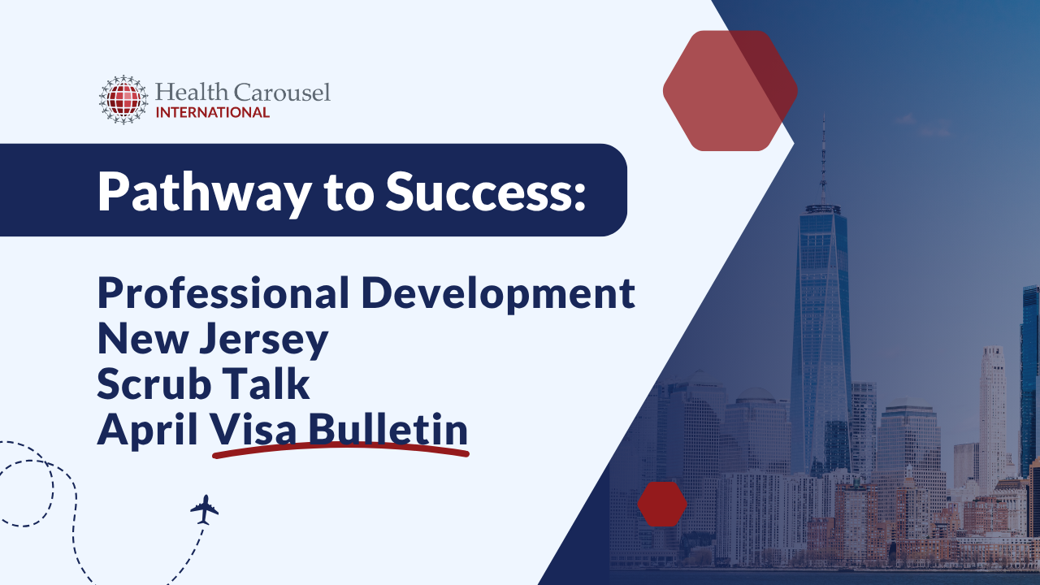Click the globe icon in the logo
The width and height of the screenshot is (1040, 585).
pyautogui.click(x=123, y=99)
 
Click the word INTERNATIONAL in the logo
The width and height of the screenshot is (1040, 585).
pyautogui.click(x=212, y=112)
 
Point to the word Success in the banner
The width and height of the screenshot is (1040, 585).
pyautogui.click(x=474, y=192)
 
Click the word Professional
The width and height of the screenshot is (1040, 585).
pyautogui.click(x=222, y=292)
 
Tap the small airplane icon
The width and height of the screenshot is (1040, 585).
pyautogui.click(x=205, y=509)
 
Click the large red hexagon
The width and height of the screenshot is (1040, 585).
pyautogui.click(x=730, y=90)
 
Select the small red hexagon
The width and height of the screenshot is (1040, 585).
pyautogui.click(x=662, y=504)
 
